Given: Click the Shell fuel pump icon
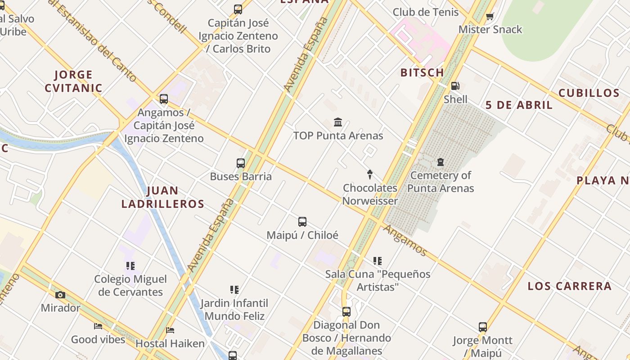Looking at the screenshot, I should point(455,86).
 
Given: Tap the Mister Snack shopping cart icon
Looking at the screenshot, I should point(490,17).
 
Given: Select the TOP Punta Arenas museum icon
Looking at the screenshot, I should point(338,122).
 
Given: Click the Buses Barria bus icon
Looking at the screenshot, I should point(241,163).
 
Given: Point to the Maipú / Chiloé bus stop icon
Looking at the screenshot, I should point(302,222).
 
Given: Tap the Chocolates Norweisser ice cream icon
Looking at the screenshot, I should point(370,175).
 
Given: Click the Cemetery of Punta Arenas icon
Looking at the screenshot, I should point(440,162).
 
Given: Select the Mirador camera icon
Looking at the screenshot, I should point(60,295).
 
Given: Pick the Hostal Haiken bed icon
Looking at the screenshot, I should point(170,330).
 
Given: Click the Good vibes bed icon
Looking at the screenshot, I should point(98,326).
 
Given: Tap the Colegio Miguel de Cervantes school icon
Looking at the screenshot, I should point(130,266).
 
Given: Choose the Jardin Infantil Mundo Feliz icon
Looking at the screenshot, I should point(234,290).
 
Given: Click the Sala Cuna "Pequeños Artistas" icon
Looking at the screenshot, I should point(378,261).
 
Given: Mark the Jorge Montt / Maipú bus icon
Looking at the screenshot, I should point(483,327).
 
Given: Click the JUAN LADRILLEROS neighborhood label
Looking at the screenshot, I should point(163,197).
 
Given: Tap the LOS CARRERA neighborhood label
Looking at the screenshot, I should point(569,286).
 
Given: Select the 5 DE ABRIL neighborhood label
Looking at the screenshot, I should point(519,105).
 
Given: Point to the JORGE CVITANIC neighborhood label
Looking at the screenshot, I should point(74,81).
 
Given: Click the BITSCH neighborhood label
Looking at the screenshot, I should point(422,72).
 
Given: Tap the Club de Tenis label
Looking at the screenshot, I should point(425,12).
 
